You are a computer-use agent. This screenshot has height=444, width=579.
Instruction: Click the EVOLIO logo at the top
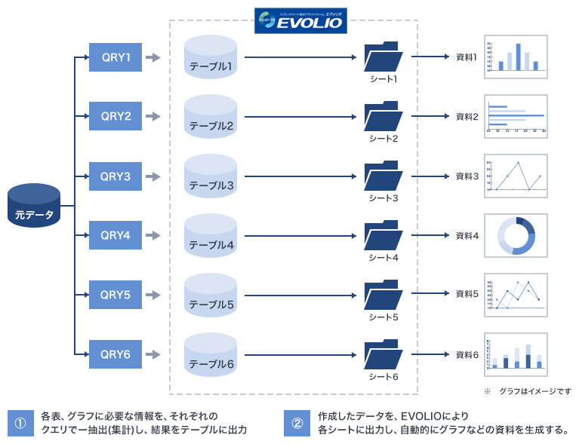[300, 20]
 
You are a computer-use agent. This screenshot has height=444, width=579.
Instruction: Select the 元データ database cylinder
[34, 205]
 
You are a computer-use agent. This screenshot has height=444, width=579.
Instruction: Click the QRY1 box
[115, 57]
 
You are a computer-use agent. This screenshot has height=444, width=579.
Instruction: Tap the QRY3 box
[115, 176]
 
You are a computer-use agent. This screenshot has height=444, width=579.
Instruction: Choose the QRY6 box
[115, 354]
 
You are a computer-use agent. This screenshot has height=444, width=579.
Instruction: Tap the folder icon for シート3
[383, 176]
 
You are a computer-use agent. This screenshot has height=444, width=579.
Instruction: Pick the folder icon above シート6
[383, 354]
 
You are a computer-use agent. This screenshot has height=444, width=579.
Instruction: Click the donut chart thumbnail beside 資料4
[516, 236]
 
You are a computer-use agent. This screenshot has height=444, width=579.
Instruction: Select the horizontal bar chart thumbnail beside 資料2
[516, 116]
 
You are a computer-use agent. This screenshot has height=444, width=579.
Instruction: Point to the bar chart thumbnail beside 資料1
[516, 57]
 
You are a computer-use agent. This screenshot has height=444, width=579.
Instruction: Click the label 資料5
[467, 294]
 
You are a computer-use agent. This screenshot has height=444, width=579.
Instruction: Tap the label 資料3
[467, 176]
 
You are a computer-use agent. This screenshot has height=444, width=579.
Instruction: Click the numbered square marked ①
[20, 423]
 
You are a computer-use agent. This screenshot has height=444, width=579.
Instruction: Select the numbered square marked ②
[297, 423]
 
